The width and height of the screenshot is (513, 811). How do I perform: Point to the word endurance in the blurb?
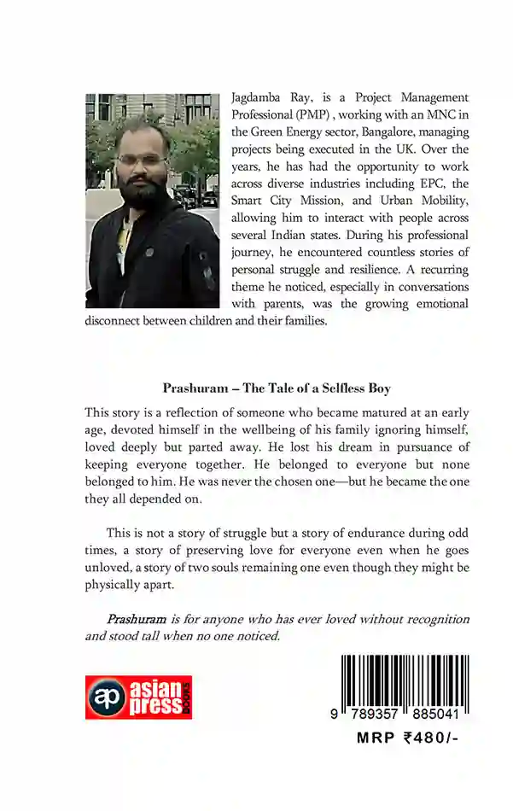[352, 533]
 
